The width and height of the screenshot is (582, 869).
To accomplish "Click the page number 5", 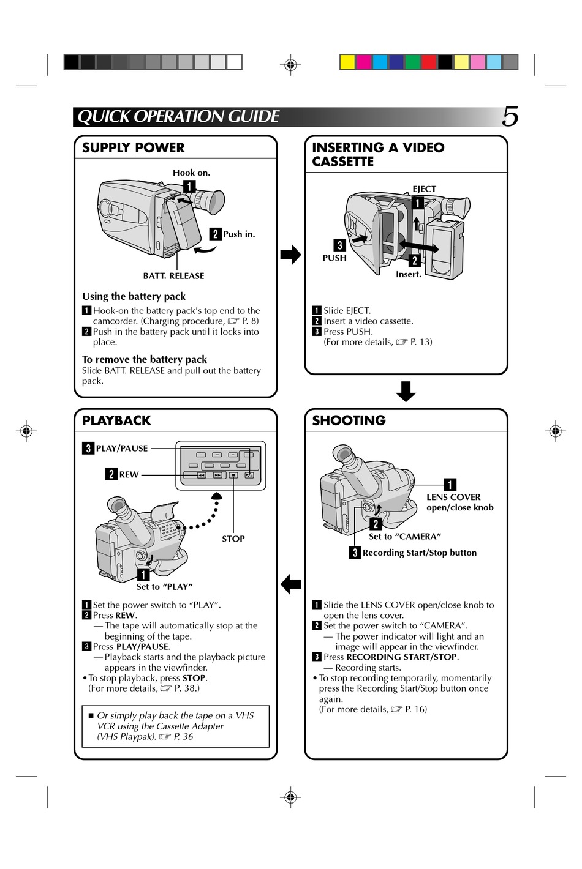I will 510,116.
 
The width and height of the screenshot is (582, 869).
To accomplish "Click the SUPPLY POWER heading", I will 133,147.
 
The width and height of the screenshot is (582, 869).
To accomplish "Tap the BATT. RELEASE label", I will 173,276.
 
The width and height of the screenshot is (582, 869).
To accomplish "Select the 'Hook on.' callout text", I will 191,173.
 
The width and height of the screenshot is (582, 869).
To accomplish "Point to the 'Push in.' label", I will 239,234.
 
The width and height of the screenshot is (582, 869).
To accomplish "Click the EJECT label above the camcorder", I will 424,189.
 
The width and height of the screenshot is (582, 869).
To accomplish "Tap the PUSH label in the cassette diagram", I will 334,258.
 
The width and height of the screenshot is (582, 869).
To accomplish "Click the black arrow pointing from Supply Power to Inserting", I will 290,254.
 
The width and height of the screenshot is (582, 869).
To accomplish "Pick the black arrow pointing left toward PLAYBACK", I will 291,584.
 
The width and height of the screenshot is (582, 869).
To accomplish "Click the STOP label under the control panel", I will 233,539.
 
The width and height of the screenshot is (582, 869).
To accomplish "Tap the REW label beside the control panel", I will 129,474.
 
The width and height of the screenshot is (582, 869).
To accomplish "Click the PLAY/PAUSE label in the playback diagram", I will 122,449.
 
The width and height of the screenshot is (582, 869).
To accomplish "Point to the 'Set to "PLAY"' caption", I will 164,587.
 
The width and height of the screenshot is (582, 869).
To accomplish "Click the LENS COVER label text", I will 453,498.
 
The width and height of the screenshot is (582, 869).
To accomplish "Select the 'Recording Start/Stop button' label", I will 419,553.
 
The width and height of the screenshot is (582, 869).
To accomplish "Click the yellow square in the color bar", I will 347,62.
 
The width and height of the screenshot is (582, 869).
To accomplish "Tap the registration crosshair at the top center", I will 291,64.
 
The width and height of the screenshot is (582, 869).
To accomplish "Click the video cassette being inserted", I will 445,251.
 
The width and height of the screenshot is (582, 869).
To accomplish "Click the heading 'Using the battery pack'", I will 134,297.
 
